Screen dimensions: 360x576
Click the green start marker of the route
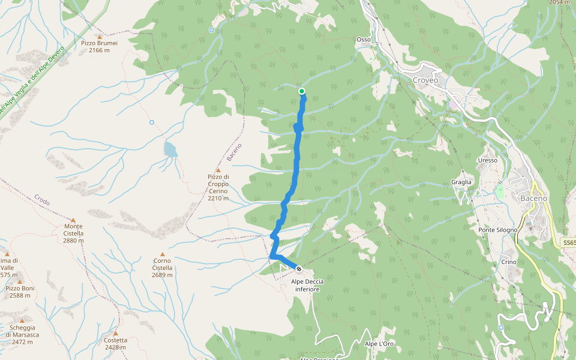coord(302,91)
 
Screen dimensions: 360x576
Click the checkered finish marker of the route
coord(298,268)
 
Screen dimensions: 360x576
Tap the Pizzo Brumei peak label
coord(99,46)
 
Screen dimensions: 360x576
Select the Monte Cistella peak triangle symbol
coord(73,220)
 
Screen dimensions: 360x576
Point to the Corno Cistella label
coord(162,268)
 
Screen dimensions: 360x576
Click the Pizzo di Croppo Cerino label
coord(218,187)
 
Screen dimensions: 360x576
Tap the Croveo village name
coord(426,80)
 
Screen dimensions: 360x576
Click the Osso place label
coord(364,40)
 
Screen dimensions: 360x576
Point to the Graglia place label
coord(462,182)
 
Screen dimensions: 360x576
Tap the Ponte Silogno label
coord(498,230)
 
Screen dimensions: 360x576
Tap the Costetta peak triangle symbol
coord(115,333)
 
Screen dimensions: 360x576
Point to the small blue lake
coord(171,149)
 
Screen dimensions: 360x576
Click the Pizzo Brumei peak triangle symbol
coord(100,37)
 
